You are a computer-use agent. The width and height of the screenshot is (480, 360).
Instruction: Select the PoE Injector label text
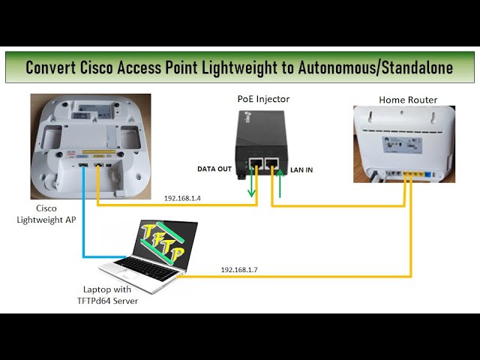(x=263, y=99)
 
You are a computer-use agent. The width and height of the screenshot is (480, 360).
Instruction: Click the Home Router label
(x=408, y=100)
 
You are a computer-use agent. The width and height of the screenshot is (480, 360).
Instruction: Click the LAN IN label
(x=301, y=170)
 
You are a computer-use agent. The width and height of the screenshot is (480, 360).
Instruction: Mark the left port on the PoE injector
(x=256, y=163)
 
